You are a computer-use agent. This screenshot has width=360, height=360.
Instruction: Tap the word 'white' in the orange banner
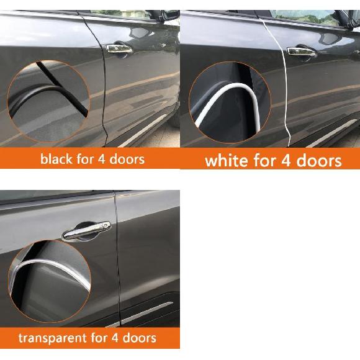pos(227,161)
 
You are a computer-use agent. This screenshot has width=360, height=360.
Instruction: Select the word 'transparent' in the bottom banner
pos(53,338)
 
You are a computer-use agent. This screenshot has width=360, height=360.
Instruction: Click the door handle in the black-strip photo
pos(119,49)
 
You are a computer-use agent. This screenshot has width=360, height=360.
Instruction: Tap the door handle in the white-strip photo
pos(302,52)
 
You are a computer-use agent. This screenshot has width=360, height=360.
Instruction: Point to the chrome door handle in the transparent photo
pos(86,231)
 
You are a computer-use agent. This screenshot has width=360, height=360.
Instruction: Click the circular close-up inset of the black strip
pos(48,101)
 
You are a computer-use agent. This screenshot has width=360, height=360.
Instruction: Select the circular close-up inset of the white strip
pos(230,102)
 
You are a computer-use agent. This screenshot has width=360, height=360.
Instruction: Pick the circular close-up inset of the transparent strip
pos(50,281)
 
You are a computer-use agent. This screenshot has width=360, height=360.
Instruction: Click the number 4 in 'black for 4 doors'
pos(102,159)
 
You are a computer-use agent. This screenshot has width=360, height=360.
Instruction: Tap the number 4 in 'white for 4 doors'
pos(286,161)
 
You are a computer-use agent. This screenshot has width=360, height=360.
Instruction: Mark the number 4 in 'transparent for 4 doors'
pos(115,338)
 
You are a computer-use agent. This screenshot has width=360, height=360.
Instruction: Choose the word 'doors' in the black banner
pos(127,159)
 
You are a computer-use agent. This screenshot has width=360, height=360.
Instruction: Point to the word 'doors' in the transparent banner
pos(140,338)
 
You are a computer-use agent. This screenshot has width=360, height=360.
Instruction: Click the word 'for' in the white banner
pos(264,161)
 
